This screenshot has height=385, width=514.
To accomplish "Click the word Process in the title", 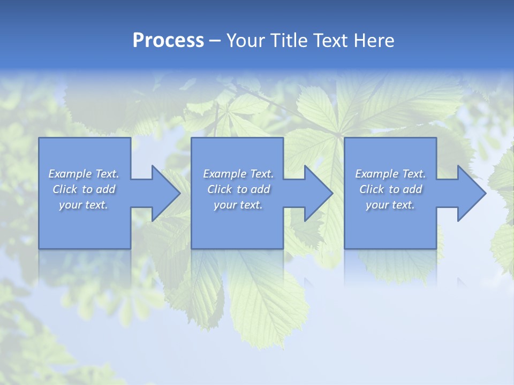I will click(x=168, y=41).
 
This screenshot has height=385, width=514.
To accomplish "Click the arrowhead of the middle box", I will click(x=319, y=193).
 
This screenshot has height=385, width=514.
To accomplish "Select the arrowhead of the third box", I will click(x=472, y=193).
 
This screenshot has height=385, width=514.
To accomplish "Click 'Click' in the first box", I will click(x=65, y=189).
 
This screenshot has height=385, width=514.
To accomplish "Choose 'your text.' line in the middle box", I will click(x=238, y=205).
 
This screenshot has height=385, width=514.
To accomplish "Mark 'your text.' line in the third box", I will click(x=390, y=205).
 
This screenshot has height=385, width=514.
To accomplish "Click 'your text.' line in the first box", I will click(x=84, y=205).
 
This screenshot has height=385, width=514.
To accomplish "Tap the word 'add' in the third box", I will click(x=412, y=189).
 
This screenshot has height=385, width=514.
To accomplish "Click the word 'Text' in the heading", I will click(x=330, y=41).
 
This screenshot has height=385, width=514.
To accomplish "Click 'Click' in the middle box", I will click(x=220, y=189).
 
